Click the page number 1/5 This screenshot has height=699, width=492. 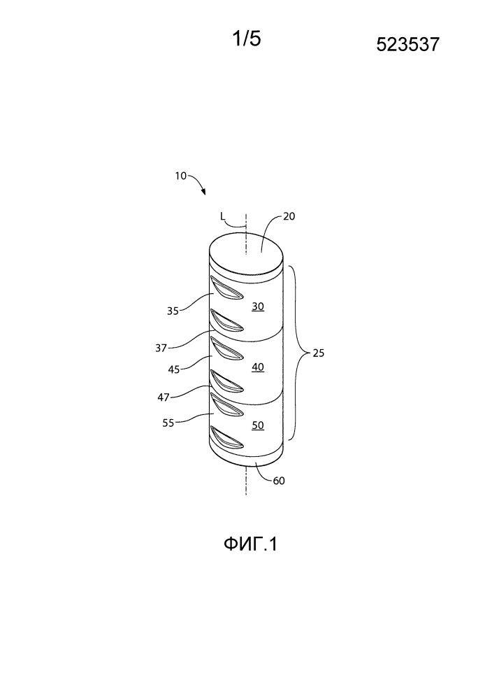click(247, 38)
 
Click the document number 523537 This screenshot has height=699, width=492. click(408, 45)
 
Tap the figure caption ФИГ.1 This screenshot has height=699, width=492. click(250, 544)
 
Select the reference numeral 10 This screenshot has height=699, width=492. click(181, 176)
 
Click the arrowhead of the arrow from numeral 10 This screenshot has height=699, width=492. click(203, 192)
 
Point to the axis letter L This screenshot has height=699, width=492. click(223, 216)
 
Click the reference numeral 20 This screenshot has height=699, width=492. click(289, 216)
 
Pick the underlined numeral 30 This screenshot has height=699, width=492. click(258, 306)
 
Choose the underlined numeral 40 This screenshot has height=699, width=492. click(258, 367)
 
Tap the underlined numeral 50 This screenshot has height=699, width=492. click(258, 425)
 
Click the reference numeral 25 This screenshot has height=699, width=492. click(319, 353)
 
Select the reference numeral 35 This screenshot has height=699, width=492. click(173, 311)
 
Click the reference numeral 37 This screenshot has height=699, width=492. click(161, 348)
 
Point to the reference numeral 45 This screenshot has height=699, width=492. click(173, 369)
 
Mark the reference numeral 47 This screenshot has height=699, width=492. click(164, 397)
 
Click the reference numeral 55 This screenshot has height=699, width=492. click(168, 423)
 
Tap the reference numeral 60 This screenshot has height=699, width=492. click(279, 481)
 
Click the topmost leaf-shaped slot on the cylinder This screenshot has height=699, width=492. click(226, 288)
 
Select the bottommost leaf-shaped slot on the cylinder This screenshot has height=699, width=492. click(226, 437)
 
